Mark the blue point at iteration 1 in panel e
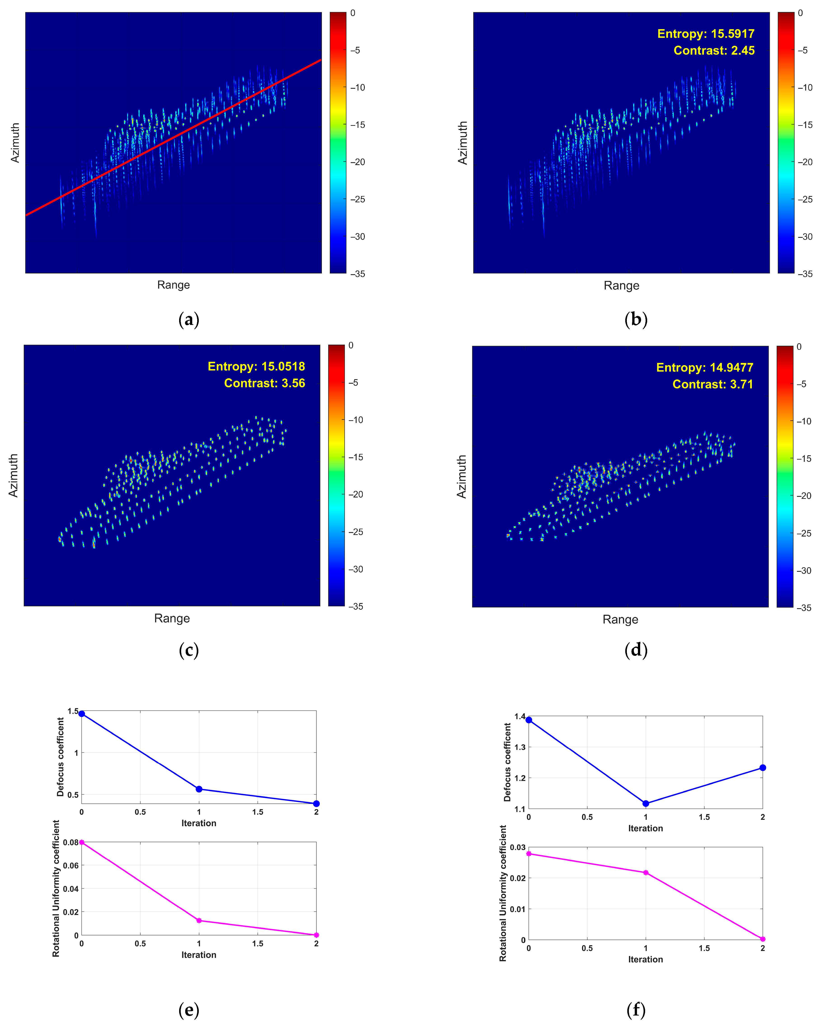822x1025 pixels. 199,789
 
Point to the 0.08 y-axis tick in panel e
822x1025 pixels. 70,843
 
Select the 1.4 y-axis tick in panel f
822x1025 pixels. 520,717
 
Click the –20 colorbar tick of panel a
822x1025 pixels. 358,162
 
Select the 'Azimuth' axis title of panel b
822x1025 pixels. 462,143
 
